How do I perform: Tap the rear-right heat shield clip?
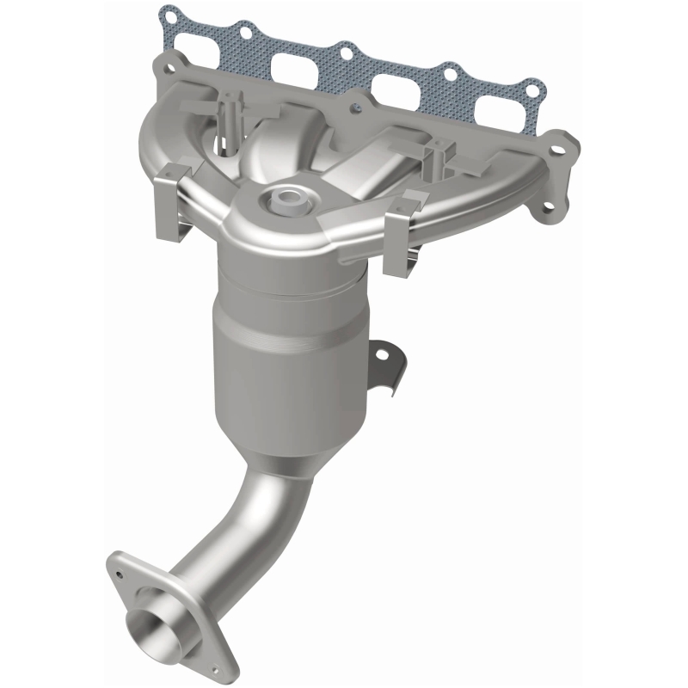pos(438,157)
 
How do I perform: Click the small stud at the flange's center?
pos(353,109)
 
